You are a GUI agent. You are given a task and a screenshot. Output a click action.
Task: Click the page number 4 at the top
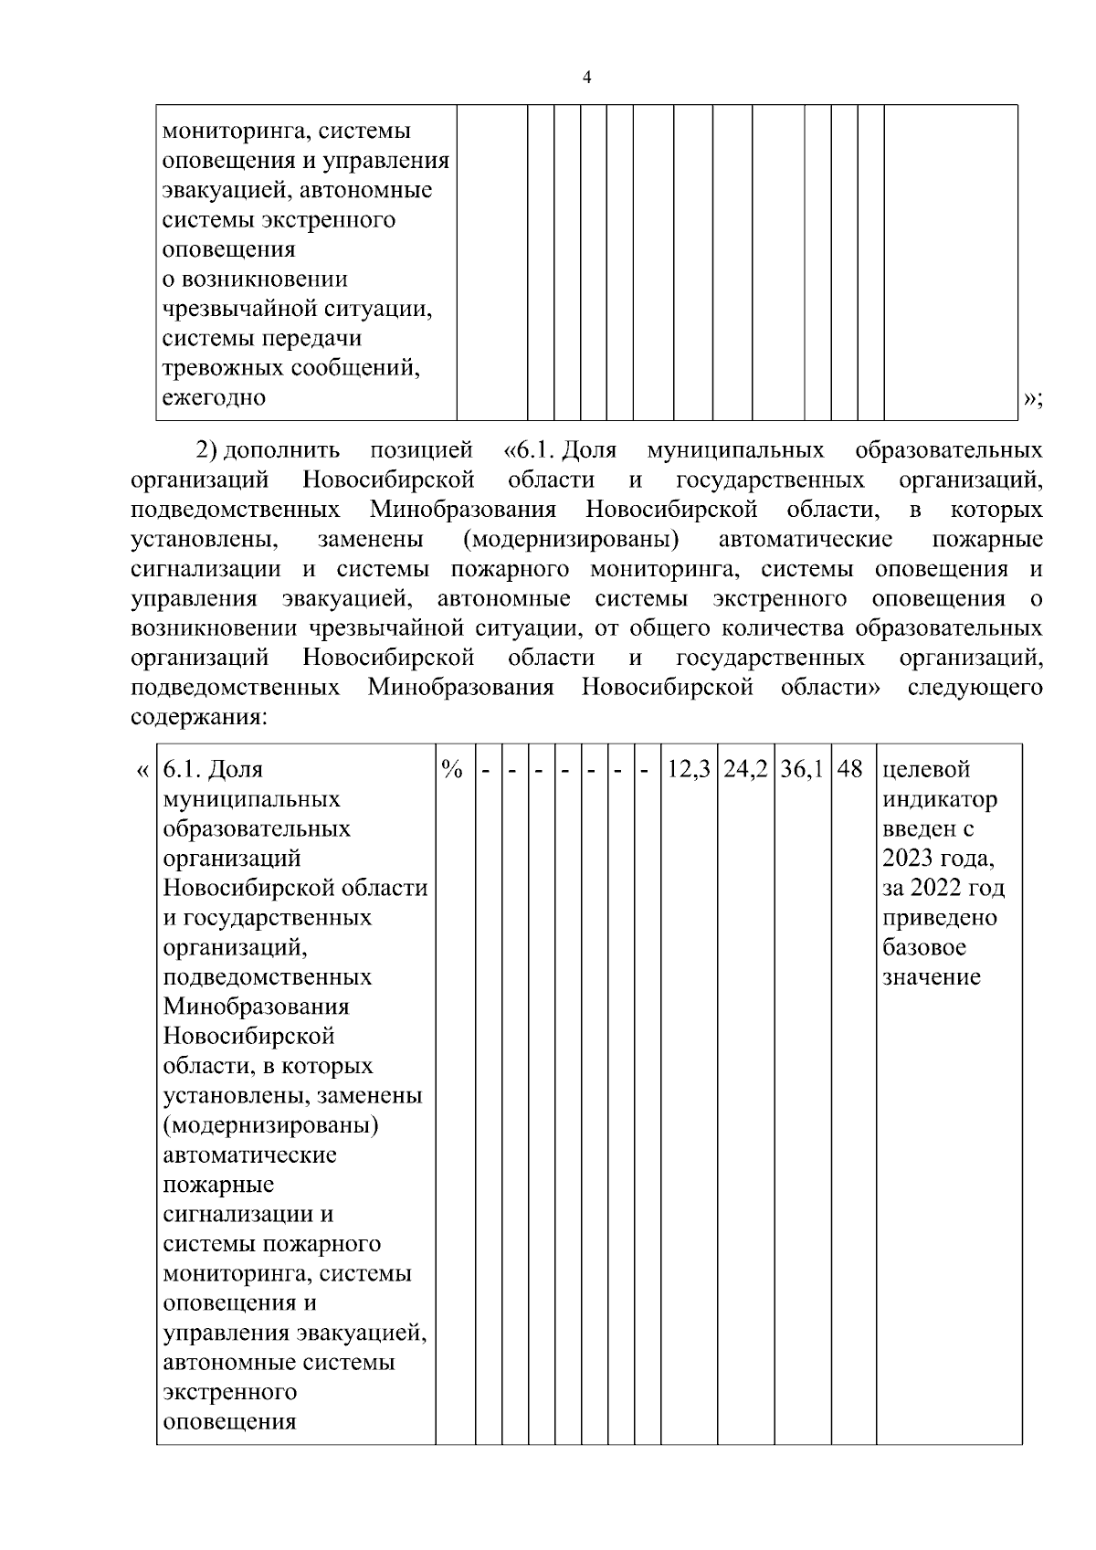coord(586,78)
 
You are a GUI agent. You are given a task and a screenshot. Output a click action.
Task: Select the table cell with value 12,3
coord(689,770)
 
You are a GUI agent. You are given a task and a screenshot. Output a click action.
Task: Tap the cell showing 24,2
coord(745,770)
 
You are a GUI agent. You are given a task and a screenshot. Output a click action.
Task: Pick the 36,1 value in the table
coord(802,770)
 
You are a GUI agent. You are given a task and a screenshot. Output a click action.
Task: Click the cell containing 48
coord(850,770)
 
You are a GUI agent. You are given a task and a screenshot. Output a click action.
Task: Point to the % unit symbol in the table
coord(451,770)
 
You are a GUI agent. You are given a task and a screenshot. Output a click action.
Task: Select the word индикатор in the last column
coord(940,800)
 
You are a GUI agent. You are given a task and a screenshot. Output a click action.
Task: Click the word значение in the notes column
coord(932,977)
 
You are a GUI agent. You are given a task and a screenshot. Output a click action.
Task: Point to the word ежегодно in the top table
coord(215,397)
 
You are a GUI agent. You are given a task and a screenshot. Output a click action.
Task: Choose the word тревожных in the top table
coord(223,368)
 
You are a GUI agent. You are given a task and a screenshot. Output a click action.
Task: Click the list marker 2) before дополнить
coord(205,450)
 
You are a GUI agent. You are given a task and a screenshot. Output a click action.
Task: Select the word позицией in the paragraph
coord(421,450)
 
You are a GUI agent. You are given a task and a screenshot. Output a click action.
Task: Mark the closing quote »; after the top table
coord(1033,398)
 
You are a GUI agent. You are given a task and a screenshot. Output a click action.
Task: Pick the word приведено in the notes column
coord(940,918)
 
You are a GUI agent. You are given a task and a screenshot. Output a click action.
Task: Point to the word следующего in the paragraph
coord(975,687)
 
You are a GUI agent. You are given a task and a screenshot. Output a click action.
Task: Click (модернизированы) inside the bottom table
coord(271,1125)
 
